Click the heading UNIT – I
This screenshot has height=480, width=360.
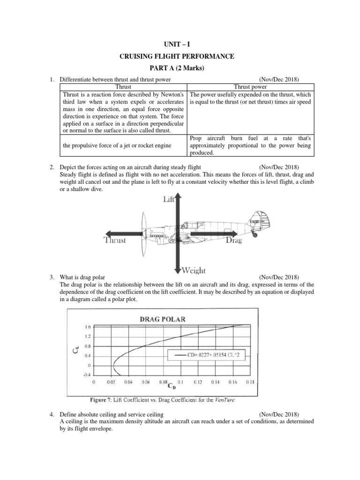180,44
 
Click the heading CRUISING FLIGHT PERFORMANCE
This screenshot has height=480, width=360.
180,57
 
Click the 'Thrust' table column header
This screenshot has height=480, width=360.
123,87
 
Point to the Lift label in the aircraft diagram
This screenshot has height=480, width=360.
169,200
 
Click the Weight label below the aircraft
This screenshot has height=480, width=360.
193,270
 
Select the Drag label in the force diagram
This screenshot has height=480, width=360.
233,240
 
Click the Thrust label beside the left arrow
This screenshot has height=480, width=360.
115,240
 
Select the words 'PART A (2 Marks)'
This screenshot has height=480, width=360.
180,69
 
